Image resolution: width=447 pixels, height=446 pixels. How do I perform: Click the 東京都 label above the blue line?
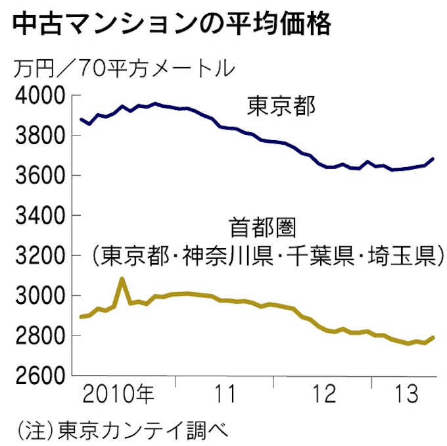[x=282, y=106]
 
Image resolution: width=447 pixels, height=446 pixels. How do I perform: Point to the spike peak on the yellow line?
[x=122, y=279]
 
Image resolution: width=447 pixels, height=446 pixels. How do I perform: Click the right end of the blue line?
[x=433, y=159]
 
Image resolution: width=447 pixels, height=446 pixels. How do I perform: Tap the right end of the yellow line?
[x=433, y=337]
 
